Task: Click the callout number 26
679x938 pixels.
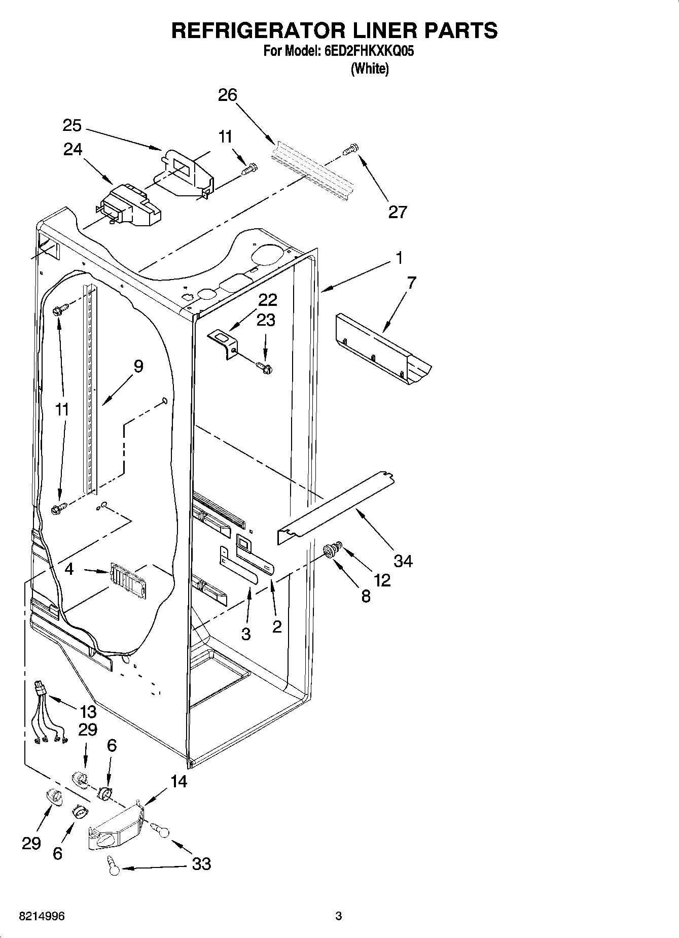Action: click(228, 95)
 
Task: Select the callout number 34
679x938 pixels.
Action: click(404, 561)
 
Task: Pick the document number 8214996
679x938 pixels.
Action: click(42, 916)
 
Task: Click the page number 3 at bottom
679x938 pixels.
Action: click(338, 916)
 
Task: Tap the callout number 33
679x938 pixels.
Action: click(201, 863)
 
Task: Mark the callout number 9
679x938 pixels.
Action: click(138, 366)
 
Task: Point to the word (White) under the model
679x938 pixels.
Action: click(370, 69)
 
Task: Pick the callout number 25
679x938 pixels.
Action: click(73, 125)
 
